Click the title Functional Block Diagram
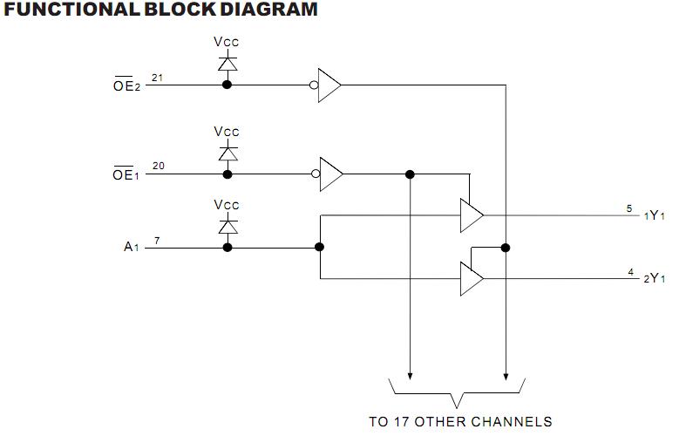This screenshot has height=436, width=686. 159,10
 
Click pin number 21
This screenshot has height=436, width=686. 157,78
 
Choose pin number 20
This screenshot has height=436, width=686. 157,166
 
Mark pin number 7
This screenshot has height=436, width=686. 156,239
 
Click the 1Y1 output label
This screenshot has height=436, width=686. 655,215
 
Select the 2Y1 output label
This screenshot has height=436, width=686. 655,279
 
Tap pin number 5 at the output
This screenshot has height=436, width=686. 629,208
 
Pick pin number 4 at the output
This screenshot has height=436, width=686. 630,272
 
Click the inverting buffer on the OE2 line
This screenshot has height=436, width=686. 329,85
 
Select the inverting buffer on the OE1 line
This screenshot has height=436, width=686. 329,174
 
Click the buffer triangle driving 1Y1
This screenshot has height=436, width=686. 471,215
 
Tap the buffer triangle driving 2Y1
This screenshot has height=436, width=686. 471,279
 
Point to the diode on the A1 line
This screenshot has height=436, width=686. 228,227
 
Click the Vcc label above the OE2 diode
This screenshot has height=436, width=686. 227,42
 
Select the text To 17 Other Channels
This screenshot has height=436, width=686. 460,421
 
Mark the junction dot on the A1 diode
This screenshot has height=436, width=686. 228,248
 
